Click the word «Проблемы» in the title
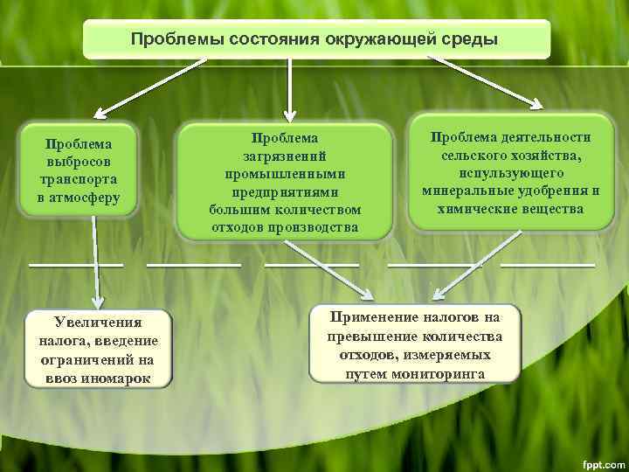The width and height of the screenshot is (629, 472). (x=171, y=39)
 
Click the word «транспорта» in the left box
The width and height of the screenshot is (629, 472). (x=79, y=180)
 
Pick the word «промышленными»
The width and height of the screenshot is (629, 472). (x=285, y=173)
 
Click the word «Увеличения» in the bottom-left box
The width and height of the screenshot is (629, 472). (x=99, y=323)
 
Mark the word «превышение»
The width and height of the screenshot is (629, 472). (x=368, y=337)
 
